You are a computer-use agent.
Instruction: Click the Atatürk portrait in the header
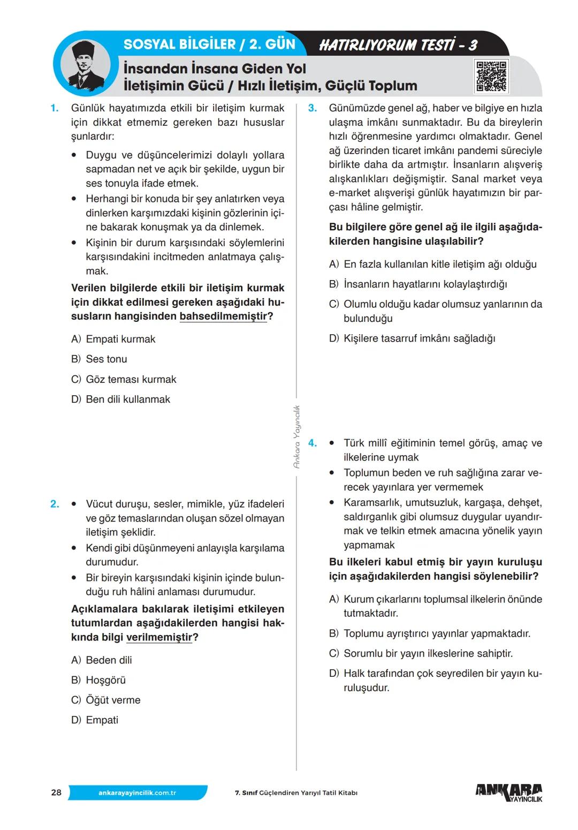tap(83, 65)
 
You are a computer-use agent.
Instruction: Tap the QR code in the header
tap(491, 76)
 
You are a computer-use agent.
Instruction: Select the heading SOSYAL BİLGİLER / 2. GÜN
tap(209, 44)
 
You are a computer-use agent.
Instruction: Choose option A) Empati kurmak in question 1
tap(113, 339)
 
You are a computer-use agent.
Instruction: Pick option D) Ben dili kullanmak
tap(121, 399)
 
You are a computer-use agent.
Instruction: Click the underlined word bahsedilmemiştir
tap(223, 316)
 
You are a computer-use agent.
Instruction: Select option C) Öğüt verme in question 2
tap(106, 700)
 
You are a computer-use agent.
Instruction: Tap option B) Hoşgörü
tap(98, 680)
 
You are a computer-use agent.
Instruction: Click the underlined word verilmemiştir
tap(159, 637)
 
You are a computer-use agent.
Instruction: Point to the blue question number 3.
tap(313, 108)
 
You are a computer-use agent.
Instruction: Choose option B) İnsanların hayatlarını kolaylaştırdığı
tap(417, 284)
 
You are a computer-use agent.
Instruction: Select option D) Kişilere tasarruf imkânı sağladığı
tap(412, 338)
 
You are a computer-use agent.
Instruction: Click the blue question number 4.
tap(313, 443)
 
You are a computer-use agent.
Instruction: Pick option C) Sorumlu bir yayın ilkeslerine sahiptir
tap(421, 653)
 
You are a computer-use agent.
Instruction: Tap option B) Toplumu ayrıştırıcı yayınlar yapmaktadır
tap(429, 633)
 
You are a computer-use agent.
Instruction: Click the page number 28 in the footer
tap(56, 793)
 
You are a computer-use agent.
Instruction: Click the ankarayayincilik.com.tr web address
tap(138, 793)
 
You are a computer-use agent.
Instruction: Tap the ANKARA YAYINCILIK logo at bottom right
tap(508, 793)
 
